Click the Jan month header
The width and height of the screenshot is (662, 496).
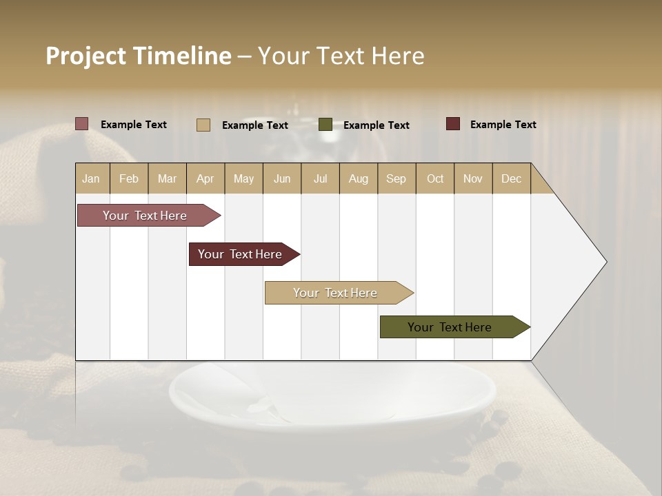pyautogui.click(x=92, y=178)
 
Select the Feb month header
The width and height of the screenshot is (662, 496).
pyautogui.click(x=129, y=178)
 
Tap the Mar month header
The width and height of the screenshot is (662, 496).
pyautogui.click(x=167, y=178)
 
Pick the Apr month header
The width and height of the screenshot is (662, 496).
pyautogui.click(x=205, y=178)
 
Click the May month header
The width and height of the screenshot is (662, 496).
pyautogui.click(x=243, y=178)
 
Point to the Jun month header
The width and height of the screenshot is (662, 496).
pyautogui.click(x=282, y=178)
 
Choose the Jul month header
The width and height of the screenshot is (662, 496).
pyautogui.click(x=320, y=178)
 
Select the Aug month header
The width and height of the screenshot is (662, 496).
pyautogui.click(x=359, y=178)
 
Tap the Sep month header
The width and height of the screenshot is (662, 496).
pyautogui.click(x=397, y=178)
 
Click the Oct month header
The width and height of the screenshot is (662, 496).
pyautogui.click(x=435, y=178)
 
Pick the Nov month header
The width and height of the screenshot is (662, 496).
pyautogui.click(x=473, y=178)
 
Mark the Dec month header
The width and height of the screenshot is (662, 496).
pyautogui.click(x=512, y=178)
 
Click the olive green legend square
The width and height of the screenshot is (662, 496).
pyautogui.click(x=325, y=125)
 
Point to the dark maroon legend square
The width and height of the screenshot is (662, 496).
pyautogui.click(x=453, y=124)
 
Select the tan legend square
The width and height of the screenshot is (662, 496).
pyautogui.click(x=203, y=125)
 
